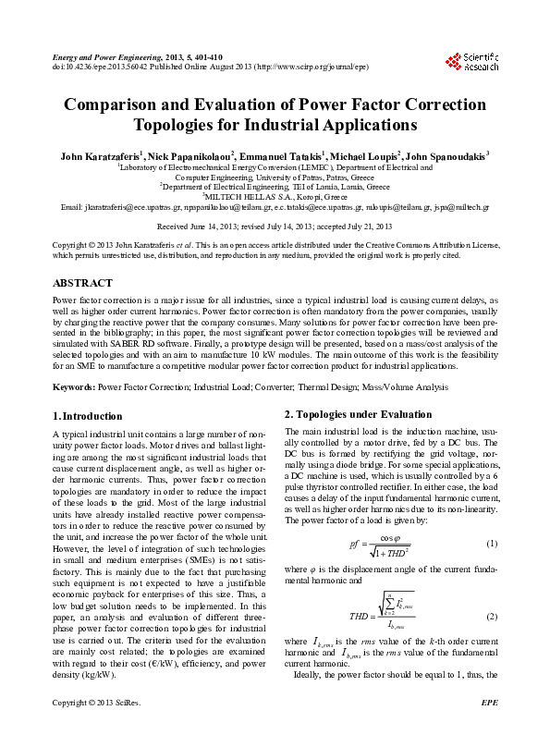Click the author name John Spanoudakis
[446, 155]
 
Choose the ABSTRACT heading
[83, 282]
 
